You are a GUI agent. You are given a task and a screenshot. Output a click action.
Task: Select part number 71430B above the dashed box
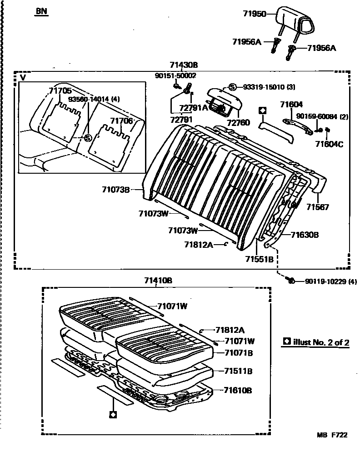[184, 65]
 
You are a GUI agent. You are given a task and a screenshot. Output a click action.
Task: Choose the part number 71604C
[330, 144]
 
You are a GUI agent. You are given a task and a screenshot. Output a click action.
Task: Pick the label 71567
[317, 207]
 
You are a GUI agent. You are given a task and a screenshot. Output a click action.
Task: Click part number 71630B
[305, 235]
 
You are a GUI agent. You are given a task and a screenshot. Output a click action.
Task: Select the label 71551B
[259, 259]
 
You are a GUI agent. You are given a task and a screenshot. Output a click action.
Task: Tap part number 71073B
[115, 189]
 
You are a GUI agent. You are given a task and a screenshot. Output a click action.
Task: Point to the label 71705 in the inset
[60, 91]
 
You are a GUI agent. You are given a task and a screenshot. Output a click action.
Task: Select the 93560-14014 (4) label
[94, 99]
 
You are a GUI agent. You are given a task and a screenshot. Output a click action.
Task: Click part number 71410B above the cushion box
[158, 281]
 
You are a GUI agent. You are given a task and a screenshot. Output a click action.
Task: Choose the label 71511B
[238, 371]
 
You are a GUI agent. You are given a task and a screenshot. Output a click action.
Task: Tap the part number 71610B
[238, 390]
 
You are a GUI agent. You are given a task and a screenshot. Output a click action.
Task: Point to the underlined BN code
[41, 12]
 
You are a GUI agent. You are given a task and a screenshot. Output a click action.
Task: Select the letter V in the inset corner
[23, 78]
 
